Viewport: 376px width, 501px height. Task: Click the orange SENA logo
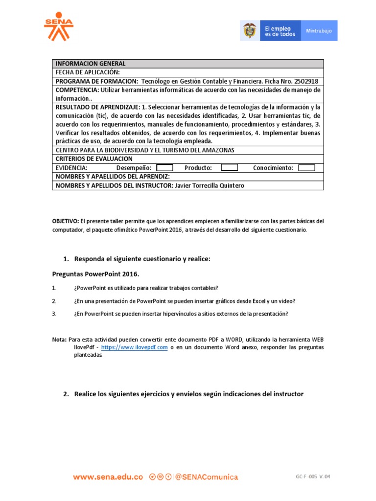click(58, 27)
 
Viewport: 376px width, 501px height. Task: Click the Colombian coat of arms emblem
click(249, 31)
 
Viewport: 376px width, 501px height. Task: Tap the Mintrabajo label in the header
click(319, 31)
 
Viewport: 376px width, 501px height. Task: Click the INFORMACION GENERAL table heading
click(91, 64)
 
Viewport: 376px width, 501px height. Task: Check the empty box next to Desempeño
click(164, 168)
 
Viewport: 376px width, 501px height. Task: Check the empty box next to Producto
click(229, 168)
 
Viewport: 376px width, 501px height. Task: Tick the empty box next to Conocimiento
click(306, 168)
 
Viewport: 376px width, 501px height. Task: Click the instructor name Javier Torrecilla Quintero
click(209, 185)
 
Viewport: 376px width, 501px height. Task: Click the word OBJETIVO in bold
click(65, 221)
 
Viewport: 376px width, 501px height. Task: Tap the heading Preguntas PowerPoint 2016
click(92, 274)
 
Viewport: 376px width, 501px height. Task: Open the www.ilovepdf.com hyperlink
click(134, 347)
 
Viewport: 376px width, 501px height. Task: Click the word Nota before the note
click(59, 340)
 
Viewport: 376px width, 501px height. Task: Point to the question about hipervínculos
click(181, 314)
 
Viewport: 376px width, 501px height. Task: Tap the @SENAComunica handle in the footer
click(206, 477)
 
